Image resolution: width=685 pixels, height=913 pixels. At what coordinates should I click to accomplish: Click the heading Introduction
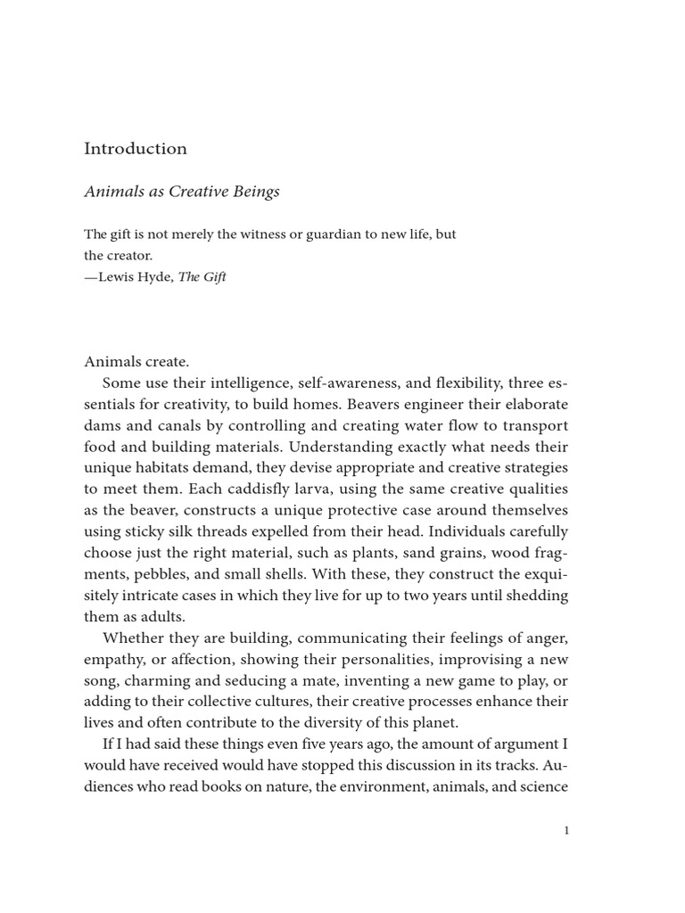point(136,149)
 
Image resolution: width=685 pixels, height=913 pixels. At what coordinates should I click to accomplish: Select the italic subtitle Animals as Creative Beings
point(182,192)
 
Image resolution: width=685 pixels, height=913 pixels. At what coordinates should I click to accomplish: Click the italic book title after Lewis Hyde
point(202,276)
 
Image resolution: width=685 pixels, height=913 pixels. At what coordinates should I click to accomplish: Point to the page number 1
point(565,831)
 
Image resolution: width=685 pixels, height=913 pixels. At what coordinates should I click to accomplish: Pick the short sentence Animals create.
point(136,361)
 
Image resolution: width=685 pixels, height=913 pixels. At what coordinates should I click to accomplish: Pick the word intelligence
point(249,382)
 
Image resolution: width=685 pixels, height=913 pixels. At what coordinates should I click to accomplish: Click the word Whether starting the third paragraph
point(131,637)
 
